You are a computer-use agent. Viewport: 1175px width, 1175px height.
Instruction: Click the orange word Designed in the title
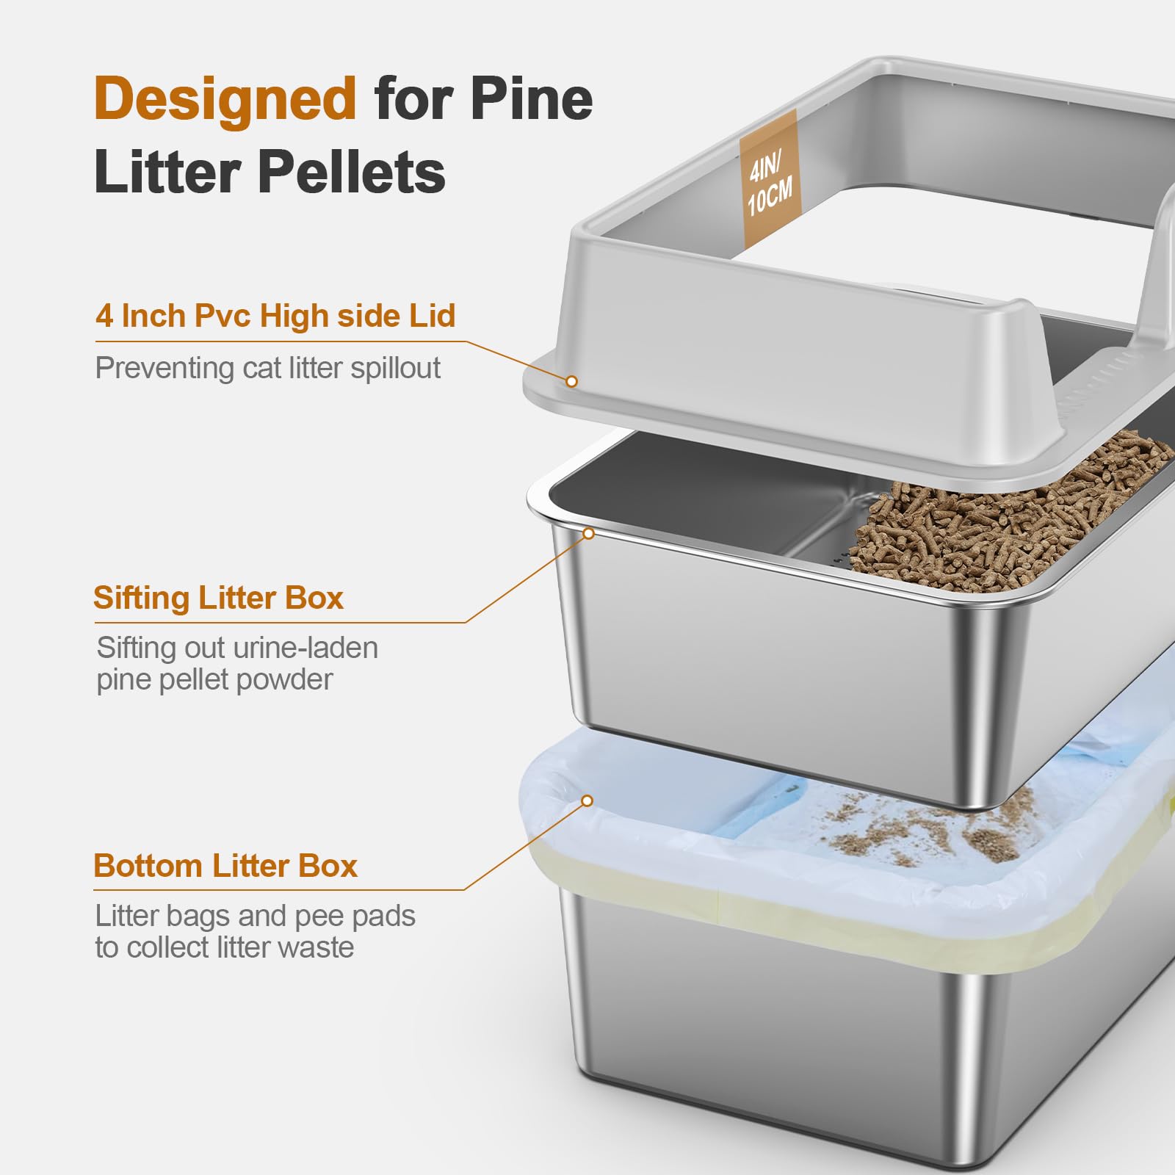point(225,98)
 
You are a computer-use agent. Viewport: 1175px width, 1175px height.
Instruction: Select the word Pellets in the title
point(351,172)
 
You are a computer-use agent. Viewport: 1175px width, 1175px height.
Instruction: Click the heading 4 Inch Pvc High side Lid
point(275,316)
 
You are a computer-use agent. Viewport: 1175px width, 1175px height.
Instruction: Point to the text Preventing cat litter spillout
point(267,368)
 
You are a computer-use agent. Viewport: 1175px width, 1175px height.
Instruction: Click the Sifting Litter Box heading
point(218,598)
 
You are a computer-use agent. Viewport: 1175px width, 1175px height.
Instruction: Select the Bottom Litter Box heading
point(225,866)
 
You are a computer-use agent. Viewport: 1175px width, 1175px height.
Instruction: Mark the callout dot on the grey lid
point(571,381)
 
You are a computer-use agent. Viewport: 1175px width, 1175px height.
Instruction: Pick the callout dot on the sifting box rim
point(587,534)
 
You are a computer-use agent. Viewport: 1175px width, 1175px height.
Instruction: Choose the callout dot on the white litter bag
point(586,800)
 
